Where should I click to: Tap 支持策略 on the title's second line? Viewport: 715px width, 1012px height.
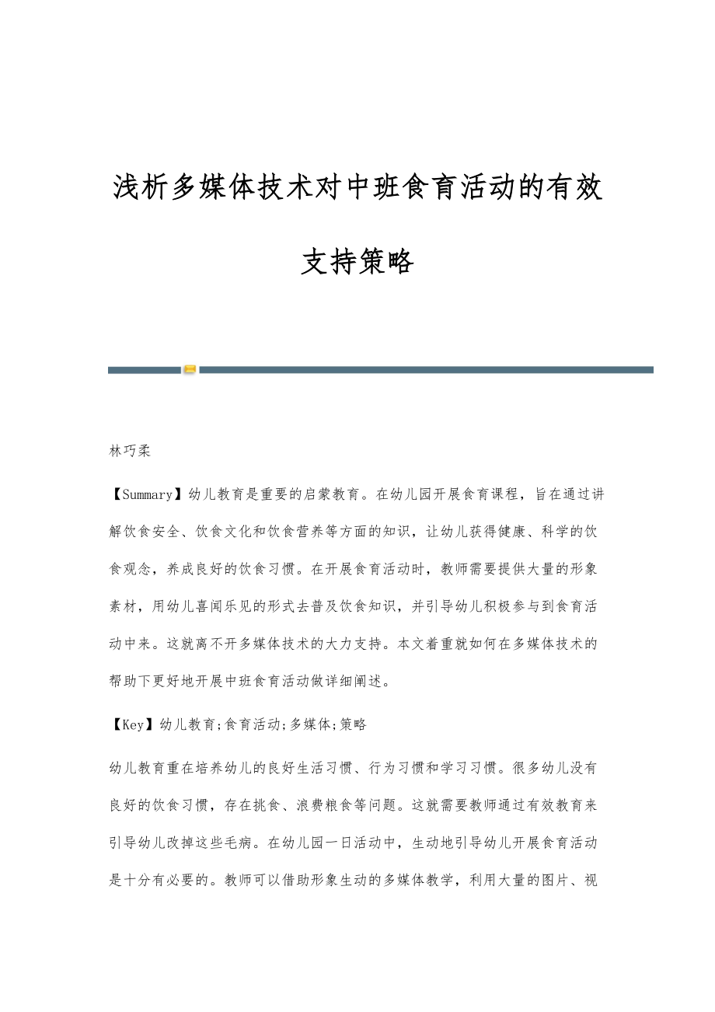point(357,263)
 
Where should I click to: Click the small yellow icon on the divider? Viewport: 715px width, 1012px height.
point(190,370)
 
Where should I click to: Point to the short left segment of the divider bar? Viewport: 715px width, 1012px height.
point(145,370)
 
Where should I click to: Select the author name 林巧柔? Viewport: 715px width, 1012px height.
point(130,451)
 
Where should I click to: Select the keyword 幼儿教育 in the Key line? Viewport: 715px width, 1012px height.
point(187,724)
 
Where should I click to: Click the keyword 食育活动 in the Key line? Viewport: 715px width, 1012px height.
point(252,724)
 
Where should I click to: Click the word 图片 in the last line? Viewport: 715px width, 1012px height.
point(560,880)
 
